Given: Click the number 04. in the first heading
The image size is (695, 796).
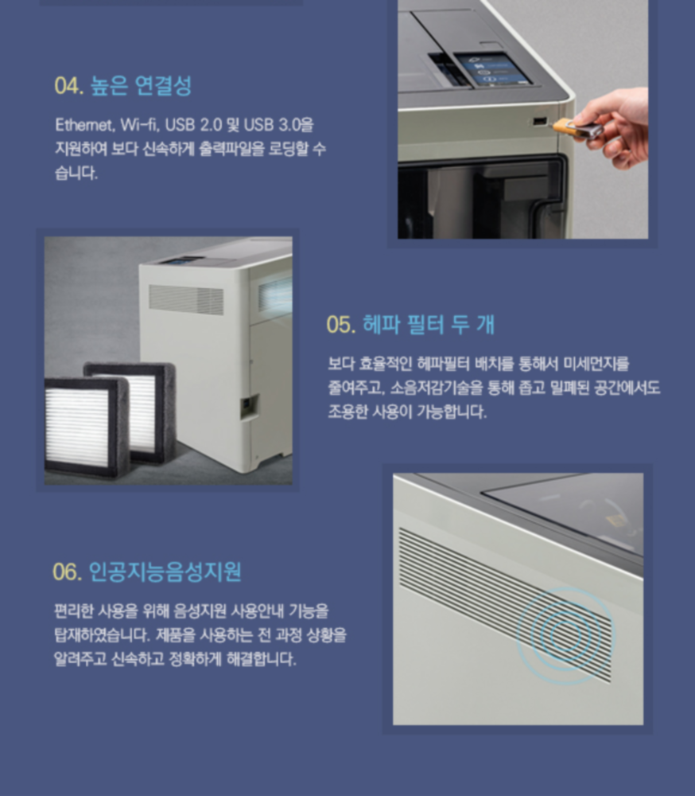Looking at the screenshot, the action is coord(69,86).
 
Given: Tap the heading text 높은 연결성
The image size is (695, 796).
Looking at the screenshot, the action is coord(141,85).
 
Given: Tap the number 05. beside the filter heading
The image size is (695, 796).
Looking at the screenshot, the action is coord(341,325).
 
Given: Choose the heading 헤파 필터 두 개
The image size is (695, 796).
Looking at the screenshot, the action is coord(429,325).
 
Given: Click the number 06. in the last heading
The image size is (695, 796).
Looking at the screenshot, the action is coord(68,572).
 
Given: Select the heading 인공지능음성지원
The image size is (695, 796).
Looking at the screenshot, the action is coord(165,572).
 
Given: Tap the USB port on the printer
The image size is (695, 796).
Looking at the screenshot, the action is coord(539,121).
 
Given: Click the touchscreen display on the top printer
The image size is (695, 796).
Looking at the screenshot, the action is coord(491,69).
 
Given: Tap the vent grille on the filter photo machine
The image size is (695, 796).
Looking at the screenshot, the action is coord(185,299).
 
